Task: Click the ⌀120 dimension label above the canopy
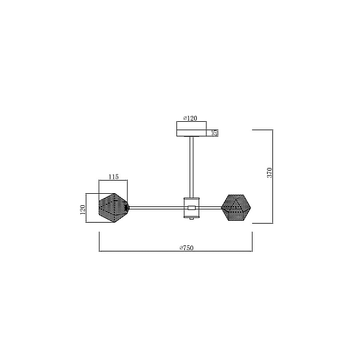190,118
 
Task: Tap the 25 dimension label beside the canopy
215,133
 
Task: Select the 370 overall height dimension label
269,172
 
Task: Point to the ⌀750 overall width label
187,248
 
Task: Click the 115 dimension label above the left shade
113,177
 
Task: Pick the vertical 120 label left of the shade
83,209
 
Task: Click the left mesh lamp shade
113,208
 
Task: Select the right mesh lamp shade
236,208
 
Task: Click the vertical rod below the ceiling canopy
191,167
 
